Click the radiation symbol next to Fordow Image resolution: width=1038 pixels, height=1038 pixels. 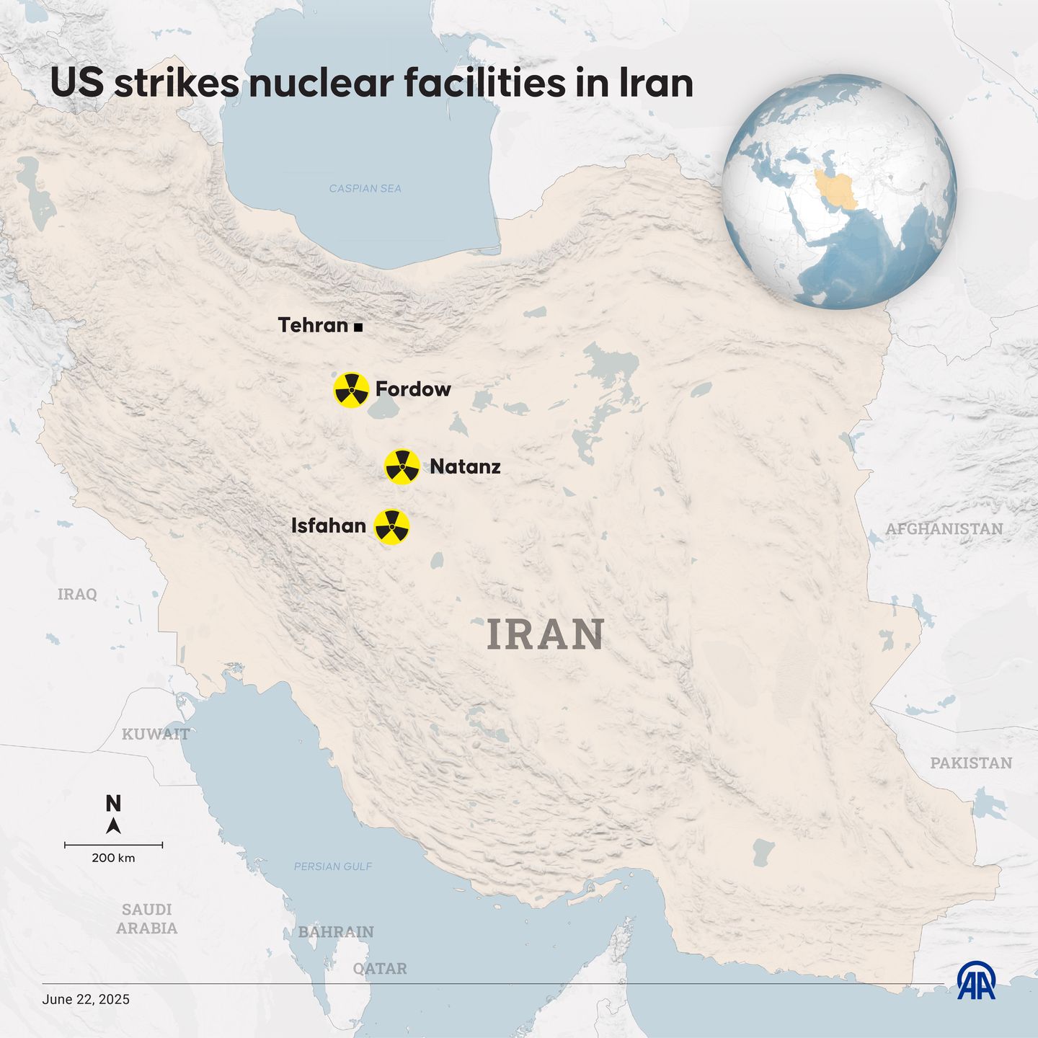[351, 390]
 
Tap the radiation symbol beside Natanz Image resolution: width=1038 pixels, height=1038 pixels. [402, 467]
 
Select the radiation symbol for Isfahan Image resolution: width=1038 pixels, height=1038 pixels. [392, 527]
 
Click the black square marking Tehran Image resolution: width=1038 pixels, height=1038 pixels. [358, 327]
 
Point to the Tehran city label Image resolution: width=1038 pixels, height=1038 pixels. [313, 325]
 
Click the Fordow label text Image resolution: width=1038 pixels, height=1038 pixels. [413, 389]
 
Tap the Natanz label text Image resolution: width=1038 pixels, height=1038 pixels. [465, 466]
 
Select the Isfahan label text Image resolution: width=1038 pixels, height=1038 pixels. [329, 525]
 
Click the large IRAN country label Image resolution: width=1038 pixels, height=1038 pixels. [546, 634]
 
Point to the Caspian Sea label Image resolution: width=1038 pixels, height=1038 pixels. [365, 188]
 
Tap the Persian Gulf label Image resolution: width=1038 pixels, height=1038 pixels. [333, 866]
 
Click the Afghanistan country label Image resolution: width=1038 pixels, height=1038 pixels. [944, 529]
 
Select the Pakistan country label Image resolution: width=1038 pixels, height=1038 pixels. [971, 763]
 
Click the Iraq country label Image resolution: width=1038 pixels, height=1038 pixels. [77, 594]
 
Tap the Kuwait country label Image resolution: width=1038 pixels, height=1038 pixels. [155, 734]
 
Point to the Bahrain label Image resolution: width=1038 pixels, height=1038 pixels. [336, 932]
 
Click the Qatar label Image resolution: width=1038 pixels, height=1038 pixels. [380, 968]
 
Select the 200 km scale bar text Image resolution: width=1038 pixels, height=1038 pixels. [113, 858]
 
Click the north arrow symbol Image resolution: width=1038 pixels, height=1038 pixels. [113, 825]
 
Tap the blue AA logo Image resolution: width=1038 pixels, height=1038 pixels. [976, 981]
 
